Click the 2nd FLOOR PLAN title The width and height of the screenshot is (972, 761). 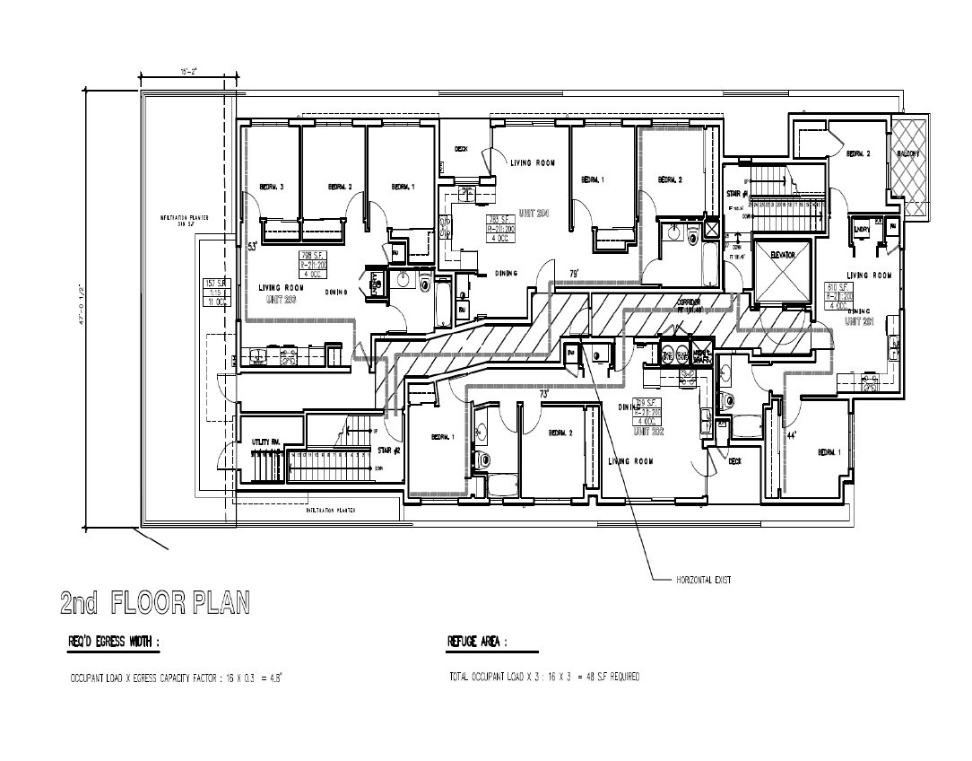(154, 602)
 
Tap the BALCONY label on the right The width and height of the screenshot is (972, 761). (907, 154)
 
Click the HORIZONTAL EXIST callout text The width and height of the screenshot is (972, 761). (703, 580)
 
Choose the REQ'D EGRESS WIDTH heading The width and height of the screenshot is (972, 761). (114, 642)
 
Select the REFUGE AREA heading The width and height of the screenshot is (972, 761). (477, 642)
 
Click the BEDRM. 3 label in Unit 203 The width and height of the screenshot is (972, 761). (272, 187)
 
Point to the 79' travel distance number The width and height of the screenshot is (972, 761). (573, 273)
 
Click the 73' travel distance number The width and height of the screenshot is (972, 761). (544, 394)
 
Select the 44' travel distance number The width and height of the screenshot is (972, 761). (792, 435)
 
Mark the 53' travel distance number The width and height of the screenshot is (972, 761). (252, 244)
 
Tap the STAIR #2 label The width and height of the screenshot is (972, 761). (388, 450)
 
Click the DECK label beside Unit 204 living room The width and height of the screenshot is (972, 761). (462, 149)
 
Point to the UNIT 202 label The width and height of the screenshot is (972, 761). (647, 432)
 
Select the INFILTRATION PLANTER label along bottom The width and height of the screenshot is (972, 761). (332, 509)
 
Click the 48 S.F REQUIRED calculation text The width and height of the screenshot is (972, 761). (610, 677)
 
